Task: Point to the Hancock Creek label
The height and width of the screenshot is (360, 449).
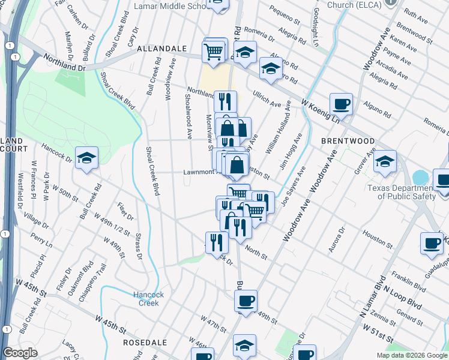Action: point(145,299)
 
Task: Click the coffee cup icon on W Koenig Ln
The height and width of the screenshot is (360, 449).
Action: point(341,104)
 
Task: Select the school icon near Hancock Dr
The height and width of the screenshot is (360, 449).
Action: point(87,158)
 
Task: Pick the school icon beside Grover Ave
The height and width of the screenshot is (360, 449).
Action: point(385,161)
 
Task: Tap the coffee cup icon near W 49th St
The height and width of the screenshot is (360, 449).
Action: point(245,300)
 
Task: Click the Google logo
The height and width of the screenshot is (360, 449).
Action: point(20,353)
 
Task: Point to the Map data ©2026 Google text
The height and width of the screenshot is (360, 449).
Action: point(412,355)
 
